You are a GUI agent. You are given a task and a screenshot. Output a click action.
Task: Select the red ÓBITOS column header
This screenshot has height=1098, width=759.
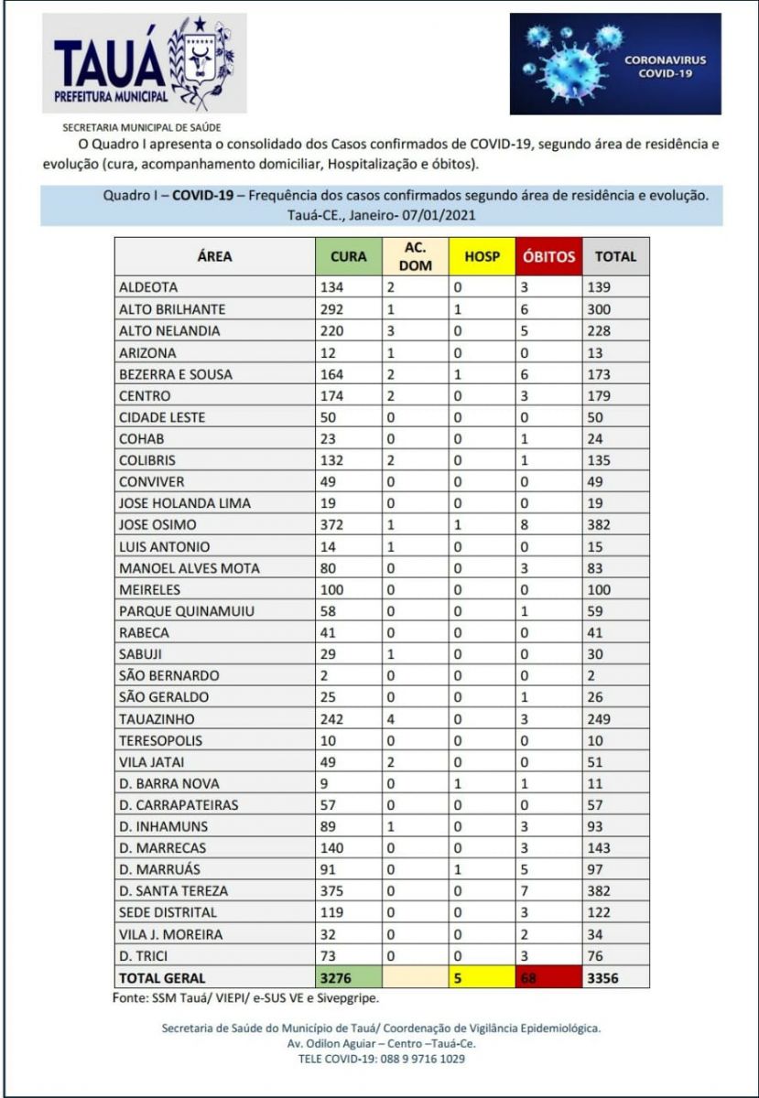pyautogui.click(x=548, y=257)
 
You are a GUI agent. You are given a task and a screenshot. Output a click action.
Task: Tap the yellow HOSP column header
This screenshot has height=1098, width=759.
pyautogui.click(x=482, y=257)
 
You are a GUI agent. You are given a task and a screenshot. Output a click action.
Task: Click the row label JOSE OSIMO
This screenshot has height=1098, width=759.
pyautogui.click(x=158, y=524)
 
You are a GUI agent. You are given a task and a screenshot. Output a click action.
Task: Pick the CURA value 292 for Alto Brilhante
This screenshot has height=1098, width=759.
pyautogui.click(x=331, y=309)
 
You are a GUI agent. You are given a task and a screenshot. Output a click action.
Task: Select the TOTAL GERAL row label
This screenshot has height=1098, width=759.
pyautogui.click(x=162, y=977)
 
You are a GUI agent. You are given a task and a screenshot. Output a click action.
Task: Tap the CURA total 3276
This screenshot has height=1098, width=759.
pyautogui.click(x=335, y=977)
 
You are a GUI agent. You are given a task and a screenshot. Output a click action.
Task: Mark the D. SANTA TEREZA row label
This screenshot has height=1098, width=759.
pyautogui.click(x=174, y=890)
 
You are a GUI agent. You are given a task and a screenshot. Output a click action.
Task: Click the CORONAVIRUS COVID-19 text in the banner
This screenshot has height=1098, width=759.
pyautogui.click(x=666, y=66)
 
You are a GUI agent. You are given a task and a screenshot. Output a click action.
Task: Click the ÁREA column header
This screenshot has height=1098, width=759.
pyautogui.click(x=214, y=257)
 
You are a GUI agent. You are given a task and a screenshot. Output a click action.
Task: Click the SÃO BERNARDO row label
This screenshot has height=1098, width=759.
pyautogui.click(x=169, y=675)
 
